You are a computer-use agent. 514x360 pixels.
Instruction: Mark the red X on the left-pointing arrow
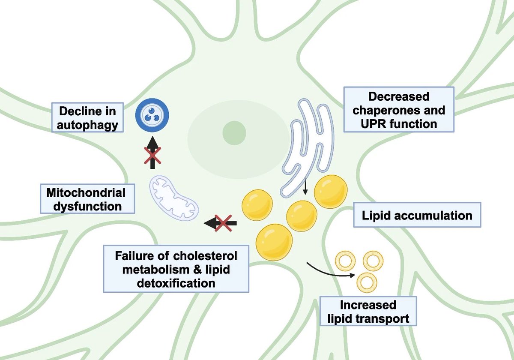[224, 222]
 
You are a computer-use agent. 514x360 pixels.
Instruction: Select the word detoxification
[176, 283]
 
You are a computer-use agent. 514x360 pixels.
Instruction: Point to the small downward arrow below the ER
[305, 187]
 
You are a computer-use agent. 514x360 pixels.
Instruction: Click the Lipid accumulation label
[417, 215]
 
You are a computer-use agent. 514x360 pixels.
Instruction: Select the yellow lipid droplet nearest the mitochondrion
[257, 205]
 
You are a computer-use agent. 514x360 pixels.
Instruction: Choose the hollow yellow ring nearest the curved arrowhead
[366, 282]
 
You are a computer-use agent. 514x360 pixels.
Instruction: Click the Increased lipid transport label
[368, 312]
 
